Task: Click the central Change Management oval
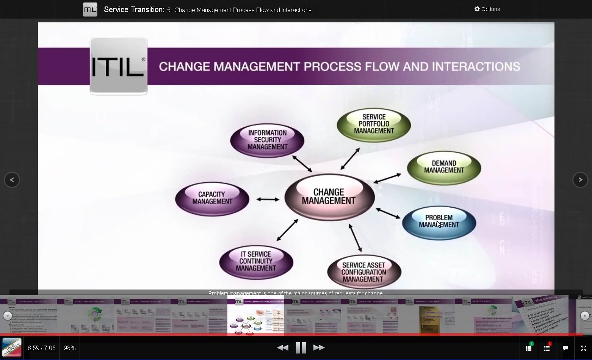[329, 197]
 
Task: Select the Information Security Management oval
[267, 140]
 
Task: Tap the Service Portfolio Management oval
[374, 124]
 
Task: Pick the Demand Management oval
[444, 167]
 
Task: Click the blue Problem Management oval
[439, 222]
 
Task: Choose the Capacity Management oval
[212, 198]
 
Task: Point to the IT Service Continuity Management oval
[256, 261]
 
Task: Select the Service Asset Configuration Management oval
[363, 272]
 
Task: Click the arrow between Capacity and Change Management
[268, 199]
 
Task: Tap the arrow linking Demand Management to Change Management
[387, 178]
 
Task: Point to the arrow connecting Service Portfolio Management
[350, 158]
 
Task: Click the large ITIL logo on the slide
[119, 66]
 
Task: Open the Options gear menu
[487, 9]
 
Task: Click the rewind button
[283, 347]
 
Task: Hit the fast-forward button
[319, 347]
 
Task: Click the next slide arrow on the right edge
[580, 180]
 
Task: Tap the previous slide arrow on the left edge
[12, 180]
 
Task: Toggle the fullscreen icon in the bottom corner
[584, 348]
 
